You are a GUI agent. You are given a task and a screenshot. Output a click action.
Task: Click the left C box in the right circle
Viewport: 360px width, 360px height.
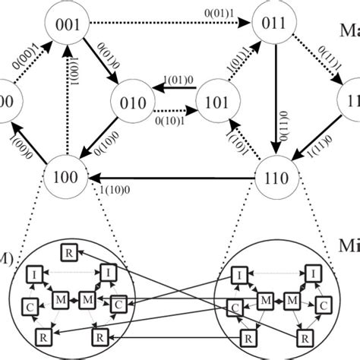click(236, 306)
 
